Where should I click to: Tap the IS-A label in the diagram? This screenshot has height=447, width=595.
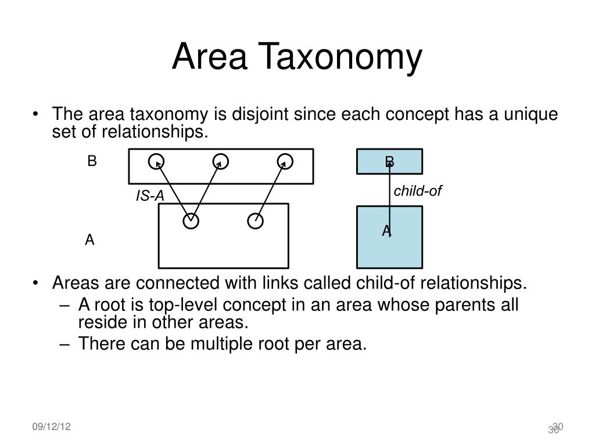(150, 197)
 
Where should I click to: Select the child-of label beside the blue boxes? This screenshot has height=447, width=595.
(418, 191)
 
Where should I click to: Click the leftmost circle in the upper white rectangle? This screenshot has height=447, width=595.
(156, 161)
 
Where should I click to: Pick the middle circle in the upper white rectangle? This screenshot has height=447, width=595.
(220, 161)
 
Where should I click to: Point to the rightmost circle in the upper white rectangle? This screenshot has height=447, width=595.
(284, 161)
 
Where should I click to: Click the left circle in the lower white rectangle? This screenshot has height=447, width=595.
(191, 221)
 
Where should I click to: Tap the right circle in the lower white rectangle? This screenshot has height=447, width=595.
(255, 221)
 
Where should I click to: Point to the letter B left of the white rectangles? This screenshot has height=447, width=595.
(92, 161)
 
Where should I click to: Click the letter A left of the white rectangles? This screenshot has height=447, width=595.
(89, 240)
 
